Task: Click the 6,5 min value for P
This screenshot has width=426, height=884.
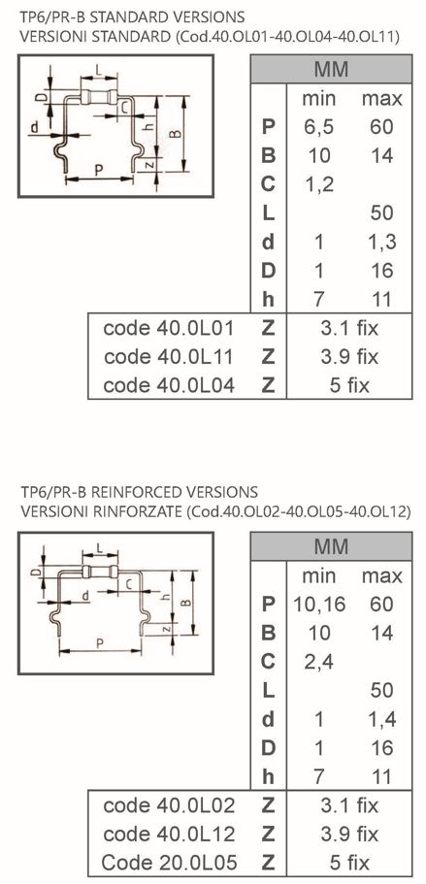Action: click(x=318, y=127)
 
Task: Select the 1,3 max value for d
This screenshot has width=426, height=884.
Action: click(x=381, y=243)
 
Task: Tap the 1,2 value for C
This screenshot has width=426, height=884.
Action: click(x=318, y=184)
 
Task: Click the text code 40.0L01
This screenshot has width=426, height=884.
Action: click(x=169, y=328)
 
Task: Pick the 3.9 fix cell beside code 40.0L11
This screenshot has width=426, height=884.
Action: click(x=349, y=357)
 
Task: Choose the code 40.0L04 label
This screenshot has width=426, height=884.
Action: click(x=169, y=385)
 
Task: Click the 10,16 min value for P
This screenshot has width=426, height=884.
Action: click(x=319, y=605)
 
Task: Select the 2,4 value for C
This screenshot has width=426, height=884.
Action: click(x=318, y=662)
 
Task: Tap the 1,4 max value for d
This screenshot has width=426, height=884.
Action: click(x=381, y=719)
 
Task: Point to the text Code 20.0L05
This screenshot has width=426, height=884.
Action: click(x=169, y=863)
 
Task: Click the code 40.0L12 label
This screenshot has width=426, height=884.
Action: click(x=169, y=834)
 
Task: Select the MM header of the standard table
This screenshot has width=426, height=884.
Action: click(x=331, y=69)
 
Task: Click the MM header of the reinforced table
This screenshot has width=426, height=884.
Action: click(x=331, y=547)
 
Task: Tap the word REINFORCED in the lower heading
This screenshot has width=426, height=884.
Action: click(x=133, y=492)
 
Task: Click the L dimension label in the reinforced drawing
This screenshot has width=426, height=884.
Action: click(x=99, y=548)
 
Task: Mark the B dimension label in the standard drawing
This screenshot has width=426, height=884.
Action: click(x=176, y=134)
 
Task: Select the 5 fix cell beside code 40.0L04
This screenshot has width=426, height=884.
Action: click(x=349, y=385)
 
